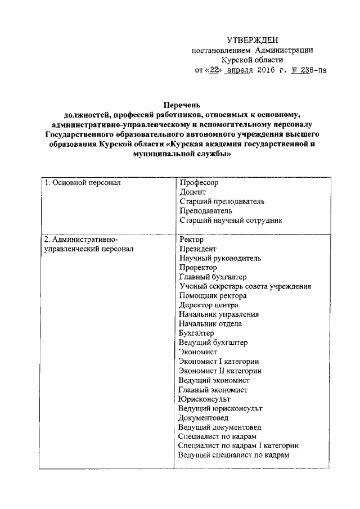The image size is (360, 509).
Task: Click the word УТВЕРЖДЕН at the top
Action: pyautogui.click(x=253, y=39)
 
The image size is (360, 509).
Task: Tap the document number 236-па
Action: pyautogui.click(x=310, y=70)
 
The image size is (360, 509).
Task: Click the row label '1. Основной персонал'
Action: pyautogui.click(x=82, y=183)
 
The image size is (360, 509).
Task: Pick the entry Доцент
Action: pyautogui.click(x=192, y=192)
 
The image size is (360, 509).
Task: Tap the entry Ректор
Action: pyautogui.click(x=191, y=240)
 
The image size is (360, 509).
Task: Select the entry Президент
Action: pyautogui.click(x=197, y=250)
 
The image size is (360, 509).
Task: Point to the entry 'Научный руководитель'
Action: pyautogui.click(x=219, y=259)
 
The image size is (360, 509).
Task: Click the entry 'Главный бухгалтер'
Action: pyautogui.click(x=213, y=278)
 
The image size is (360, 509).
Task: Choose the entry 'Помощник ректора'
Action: pyautogui.click(x=212, y=296)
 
